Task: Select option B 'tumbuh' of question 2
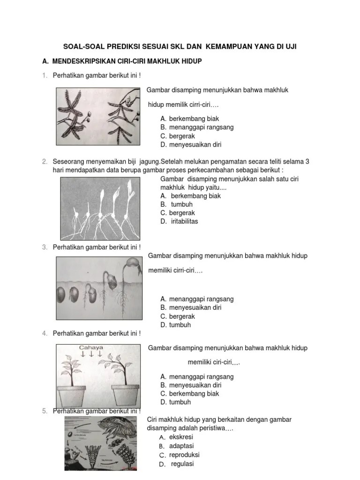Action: (182, 204)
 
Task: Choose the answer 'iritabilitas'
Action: (184, 221)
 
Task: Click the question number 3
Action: (44, 247)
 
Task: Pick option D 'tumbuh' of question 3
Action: (180, 325)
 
